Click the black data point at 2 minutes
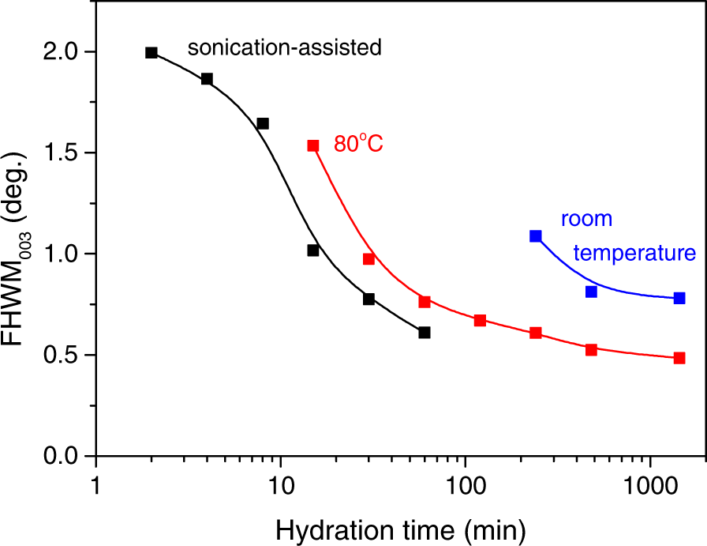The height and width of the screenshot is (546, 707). pyautogui.click(x=151, y=53)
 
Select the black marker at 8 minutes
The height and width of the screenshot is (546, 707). pyautogui.click(x=263, y=123)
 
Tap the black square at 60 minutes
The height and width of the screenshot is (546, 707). pyautogui.click(x=425, y=333)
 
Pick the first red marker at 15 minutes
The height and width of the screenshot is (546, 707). pyautogui.click(x=313, y=145)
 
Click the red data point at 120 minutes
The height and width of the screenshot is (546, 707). pyautogui.click(x=480, y=320)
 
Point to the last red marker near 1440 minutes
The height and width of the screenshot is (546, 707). pyautogui.click(x=679, y=358)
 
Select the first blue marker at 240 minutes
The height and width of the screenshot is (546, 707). pyautogui.click(x=536, y=236)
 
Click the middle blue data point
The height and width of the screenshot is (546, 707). pyautogui.click(x=591, y=292)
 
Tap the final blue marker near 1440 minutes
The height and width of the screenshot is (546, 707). pyautogui.click(x=679, y=298)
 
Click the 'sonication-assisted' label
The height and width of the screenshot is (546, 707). pyautogui.click(x=284, y=48)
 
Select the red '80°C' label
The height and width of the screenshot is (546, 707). pyautogui.click(x=357, y=145)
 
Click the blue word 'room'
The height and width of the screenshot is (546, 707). pyautogui.click(x=587, y=219)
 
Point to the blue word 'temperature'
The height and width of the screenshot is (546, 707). pyautogui.click(x=634, y=254)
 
